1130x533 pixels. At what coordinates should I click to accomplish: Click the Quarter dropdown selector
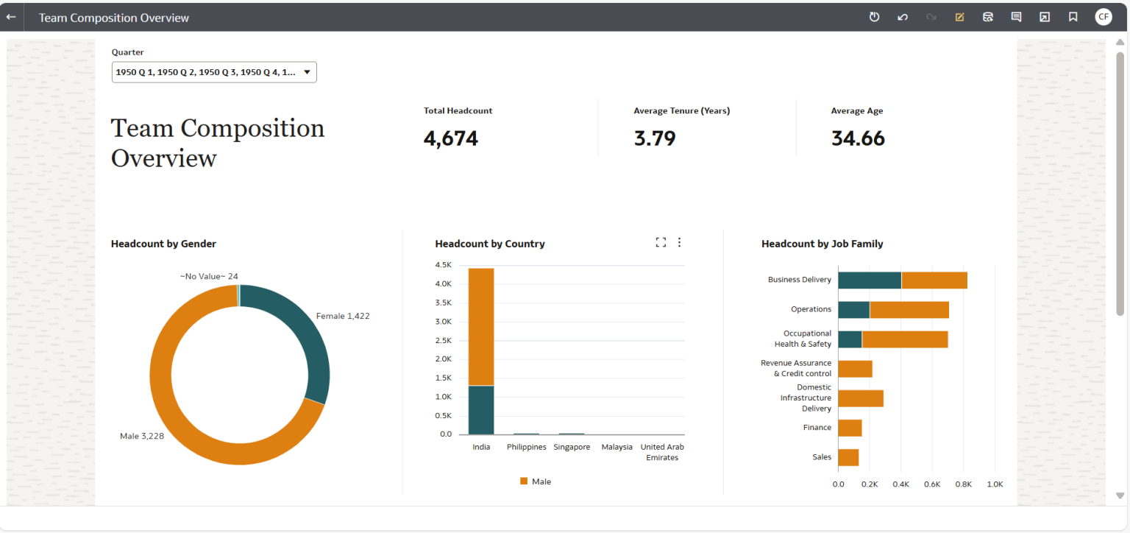point(213,72)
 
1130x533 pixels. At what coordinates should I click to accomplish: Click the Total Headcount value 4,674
point(451,138)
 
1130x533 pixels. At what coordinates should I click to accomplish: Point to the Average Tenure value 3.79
point(655,138)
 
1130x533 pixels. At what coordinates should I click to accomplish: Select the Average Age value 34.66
point(858,138)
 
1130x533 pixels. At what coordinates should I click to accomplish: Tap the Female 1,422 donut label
point(343,316)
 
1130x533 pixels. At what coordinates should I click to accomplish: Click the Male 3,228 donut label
point(142,436)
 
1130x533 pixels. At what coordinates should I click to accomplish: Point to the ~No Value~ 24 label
point(209,276)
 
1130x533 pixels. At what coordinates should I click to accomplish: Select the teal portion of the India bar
point(481,409)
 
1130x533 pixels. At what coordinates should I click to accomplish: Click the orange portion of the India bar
point(481,326)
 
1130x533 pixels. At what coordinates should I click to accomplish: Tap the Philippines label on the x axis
point(527,447)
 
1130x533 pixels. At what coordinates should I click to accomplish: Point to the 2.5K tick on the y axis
point(443,341)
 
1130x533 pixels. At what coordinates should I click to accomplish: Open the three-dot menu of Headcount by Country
point(679,242)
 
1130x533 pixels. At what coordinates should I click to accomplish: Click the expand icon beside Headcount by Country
point(661,242)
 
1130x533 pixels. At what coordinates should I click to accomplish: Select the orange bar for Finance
point(850,428)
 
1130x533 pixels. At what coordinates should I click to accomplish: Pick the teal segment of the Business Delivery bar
point(870,280)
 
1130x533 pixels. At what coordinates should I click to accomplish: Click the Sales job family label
point(822,457)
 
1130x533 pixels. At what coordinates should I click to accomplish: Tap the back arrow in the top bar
point(11,17)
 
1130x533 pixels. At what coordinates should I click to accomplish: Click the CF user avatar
point(1103,17)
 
